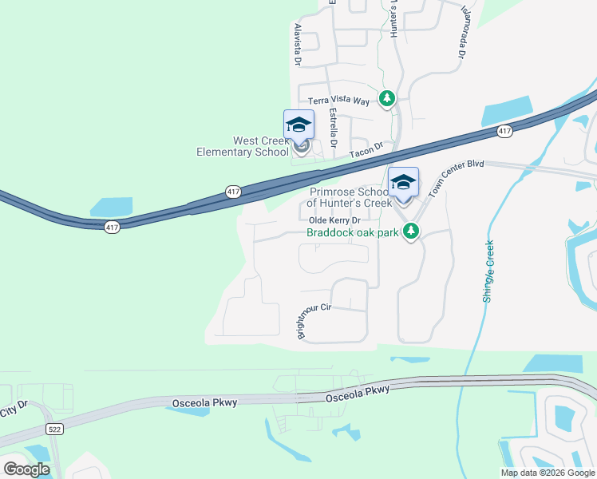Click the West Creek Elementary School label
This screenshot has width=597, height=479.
click(243, 146)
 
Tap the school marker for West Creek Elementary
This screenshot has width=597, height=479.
click(299, 128)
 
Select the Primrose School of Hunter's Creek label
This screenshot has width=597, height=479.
click(350, 198)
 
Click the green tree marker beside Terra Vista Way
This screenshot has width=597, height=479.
click(387, 98)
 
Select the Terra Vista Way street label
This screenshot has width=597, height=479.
click(339, 101)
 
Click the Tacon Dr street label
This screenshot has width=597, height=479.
click(368, 148)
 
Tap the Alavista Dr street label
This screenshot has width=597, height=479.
click(297, 45)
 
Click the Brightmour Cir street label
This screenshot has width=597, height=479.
click(314, 320)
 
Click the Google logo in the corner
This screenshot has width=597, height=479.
click(26, 469)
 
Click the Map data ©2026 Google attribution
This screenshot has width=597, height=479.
click(548, 473)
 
